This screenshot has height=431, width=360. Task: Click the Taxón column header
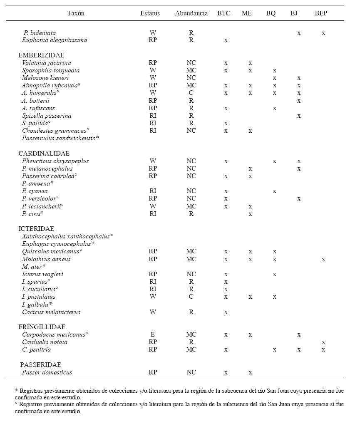tap(76, 13)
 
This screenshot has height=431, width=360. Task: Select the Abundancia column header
tap(191, 13)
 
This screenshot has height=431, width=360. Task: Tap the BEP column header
tap(321, 13)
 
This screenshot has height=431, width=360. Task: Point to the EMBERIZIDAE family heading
tap(41, 55)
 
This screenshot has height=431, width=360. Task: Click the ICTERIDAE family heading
tap(36, 229)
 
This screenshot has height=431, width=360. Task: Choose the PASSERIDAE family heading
tap(40, 365)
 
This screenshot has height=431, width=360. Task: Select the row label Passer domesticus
tap(47, 372)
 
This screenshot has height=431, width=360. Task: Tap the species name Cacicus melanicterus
tap(51, 312)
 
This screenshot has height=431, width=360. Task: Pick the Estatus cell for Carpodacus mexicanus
tap(153, 334)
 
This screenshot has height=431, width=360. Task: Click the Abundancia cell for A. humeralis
tap(191, 93)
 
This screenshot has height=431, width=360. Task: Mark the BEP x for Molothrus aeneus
tap(323, 260)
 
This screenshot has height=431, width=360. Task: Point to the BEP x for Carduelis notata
tap(323, 342)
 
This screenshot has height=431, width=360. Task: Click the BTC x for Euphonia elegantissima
tap(226, 40)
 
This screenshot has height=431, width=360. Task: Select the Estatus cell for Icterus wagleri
tap(153, 274)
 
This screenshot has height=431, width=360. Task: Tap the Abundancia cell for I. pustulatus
tap(191, 297)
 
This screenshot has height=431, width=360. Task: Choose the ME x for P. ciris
tap(250, 214)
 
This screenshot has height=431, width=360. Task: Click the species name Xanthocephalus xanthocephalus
tap(68, 236)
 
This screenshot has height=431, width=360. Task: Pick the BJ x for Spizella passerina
tap(299, 116)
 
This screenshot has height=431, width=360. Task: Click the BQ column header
tap(271, 13)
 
